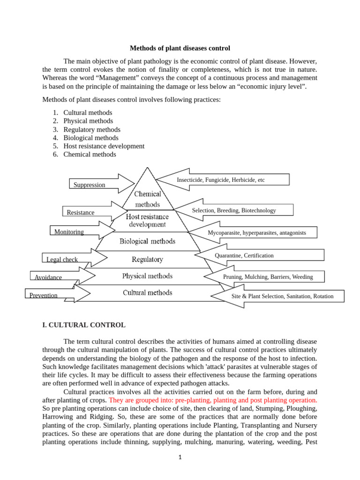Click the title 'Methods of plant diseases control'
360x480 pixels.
coord(180,48)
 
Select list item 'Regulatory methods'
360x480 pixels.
coord(92,129)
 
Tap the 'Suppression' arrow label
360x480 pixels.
coord(90,185)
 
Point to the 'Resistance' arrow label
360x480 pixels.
coord(81,212)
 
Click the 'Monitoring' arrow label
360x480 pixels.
coord(69,232)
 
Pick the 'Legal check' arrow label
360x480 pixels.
coord(62,259)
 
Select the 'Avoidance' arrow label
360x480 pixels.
coord(48,277)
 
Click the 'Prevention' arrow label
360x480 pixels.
coord(44,295)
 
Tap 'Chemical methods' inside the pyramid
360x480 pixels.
coord(148,199)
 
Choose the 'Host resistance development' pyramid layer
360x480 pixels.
coord(148,220)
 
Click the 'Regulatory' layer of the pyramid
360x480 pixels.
coord(148,259)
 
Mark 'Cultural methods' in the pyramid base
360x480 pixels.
coord(148,292)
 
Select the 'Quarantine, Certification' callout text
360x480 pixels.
coord(244,255)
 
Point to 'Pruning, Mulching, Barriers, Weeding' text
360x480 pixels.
coord(268,277)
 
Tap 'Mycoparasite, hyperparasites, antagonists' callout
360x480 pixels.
coord(257,232)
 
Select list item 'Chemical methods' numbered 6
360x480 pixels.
coord(90,154)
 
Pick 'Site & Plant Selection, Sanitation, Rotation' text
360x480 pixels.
coord(283,296)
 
